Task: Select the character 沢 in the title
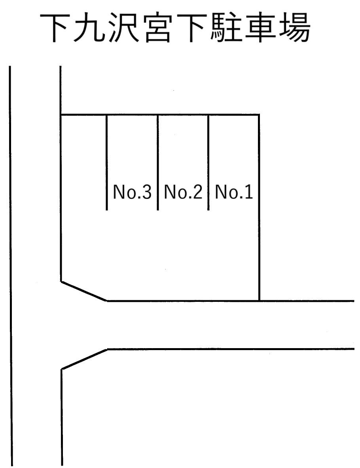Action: (x=123, y=28)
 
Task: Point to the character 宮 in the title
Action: (x=157, y=28)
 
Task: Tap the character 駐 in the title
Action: (x=226, y=28)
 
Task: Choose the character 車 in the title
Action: (x=260, y=28)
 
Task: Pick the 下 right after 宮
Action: (x=192, y=28)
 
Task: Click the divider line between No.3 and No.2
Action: (x=157, y=162)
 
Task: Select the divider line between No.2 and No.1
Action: (x=208, y=162)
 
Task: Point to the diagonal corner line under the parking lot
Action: (x=84, y=291)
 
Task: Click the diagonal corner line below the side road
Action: (x=85, y=359)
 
